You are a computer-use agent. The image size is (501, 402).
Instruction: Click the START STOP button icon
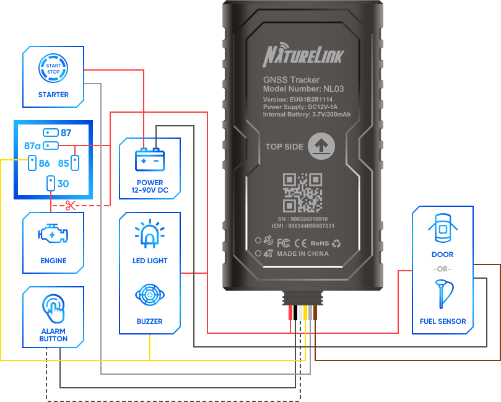(53, 68)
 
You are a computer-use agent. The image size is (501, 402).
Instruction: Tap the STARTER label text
(53, 95)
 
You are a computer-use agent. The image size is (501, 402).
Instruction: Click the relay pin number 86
(44, 164)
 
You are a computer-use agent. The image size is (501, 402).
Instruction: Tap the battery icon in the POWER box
(150, 160)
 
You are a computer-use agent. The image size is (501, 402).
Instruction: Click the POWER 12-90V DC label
(150, 186)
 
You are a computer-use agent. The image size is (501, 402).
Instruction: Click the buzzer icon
(150, 294)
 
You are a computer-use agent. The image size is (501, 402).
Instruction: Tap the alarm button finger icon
(53, 308)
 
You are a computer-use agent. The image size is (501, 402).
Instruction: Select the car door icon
(442, 229)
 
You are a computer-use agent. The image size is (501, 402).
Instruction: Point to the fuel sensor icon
(442, 295)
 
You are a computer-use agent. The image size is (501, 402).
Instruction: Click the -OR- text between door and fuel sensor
(442, 269)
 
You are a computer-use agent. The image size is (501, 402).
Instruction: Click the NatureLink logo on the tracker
(303, 56)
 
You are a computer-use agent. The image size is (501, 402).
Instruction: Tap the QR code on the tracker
(302, 193)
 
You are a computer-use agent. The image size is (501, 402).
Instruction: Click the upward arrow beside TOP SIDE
(321, 146)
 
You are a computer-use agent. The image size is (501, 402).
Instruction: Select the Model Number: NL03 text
(303, 89)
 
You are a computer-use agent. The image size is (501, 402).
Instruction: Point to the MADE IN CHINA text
(303, 253)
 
